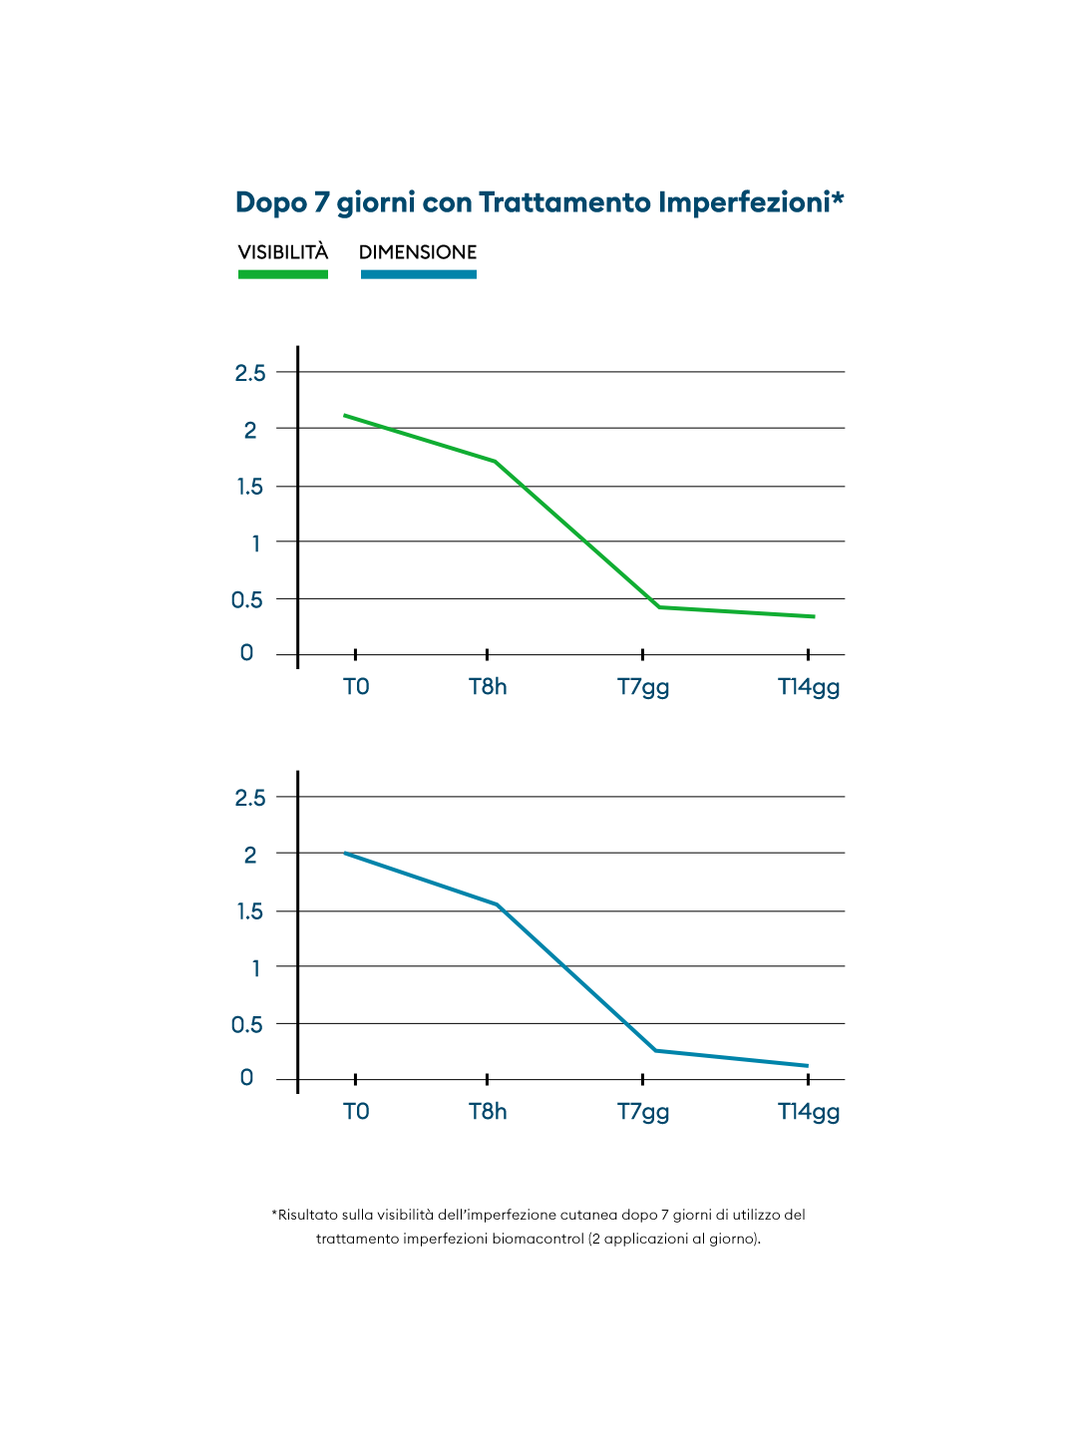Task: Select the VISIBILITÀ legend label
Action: [x=283, y=251]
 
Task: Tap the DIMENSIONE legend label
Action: [x=418, y=251]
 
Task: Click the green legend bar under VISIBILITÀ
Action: [x=283, y=274]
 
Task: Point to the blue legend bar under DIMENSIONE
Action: [x=418, y=274]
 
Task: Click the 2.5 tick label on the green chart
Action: [x=250, y=373]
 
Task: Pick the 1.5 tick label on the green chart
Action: [x=250, y=487]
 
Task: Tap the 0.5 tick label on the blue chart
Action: [x=247, y=1025]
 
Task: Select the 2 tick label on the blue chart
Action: [x=250, y=855]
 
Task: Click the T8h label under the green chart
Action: [x=488, y=687]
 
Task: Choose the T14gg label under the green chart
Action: [x=809, y=687]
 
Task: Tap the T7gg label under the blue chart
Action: [x=643, y=1112]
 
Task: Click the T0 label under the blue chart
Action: [x=356, y=1112]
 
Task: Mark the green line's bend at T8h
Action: [x=495, y=461]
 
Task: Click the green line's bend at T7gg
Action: [x=658, y=606]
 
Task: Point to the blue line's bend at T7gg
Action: [x=656, y=1050]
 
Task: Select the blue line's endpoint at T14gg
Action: [x=806, y=1065]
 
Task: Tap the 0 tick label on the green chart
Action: [x=246, y=653]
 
